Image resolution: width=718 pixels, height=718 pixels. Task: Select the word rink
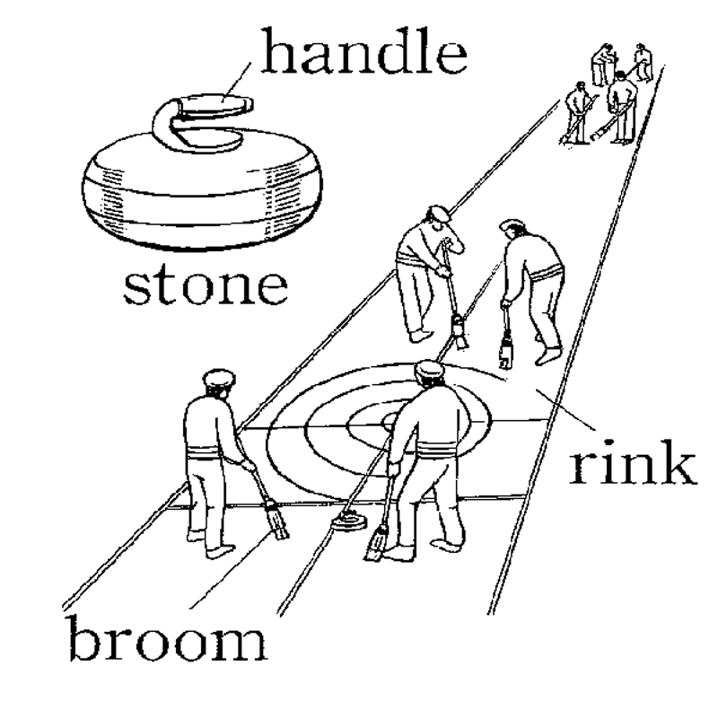pyautogui.click(x=632, y=464)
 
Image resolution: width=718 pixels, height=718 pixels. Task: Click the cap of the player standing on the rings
pyautogui.click(x=430, y=368)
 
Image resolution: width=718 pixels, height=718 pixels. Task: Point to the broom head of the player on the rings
pyautogui.click(x=377, y=544)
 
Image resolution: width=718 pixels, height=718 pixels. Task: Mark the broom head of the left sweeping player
pyautogui.click(x=460, y=333)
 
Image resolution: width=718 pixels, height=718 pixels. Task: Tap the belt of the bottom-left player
pyautogui.click(x=209, y=451)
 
